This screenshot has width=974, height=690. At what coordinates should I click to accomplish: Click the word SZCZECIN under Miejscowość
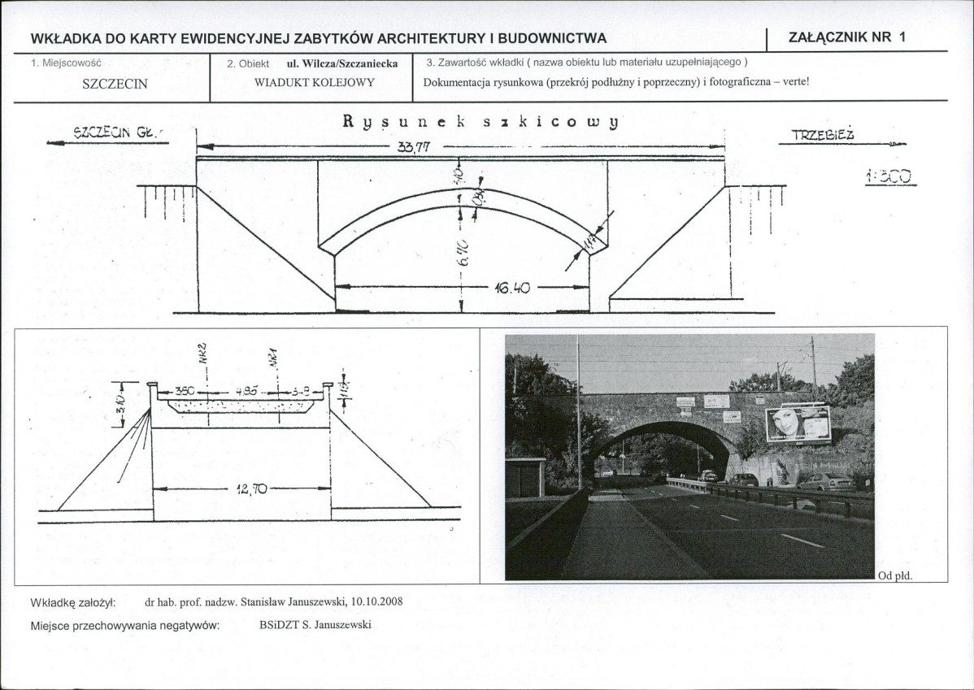[115, 84]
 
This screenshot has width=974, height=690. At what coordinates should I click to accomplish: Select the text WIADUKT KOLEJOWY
[314, 83]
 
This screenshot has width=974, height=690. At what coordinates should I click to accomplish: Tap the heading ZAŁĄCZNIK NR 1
[846, 37]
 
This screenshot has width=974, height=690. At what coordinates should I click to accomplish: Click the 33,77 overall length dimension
[414, 147]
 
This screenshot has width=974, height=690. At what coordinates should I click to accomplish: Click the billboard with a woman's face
[798, 423]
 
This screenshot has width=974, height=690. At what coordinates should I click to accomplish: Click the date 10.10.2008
[377, 602]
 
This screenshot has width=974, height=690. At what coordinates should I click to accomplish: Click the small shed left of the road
[524, 477]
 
